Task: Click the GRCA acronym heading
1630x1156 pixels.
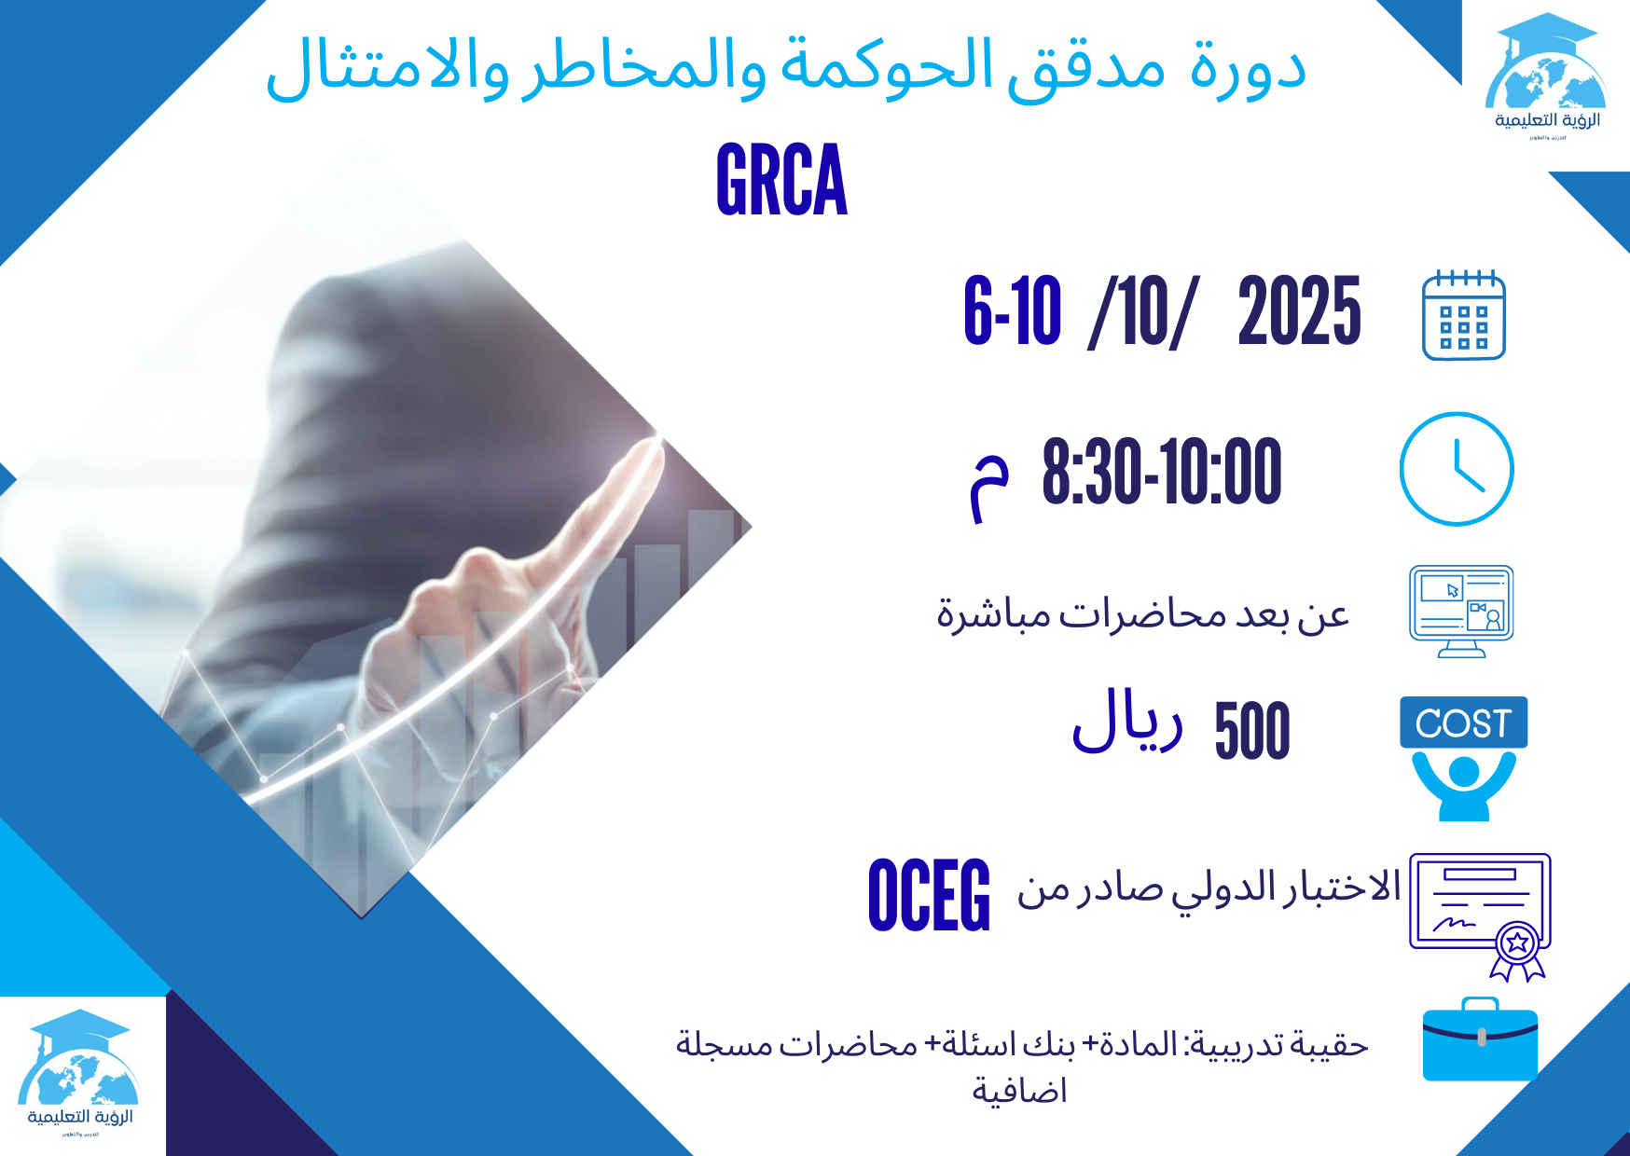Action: pyautogui.click(x=781, y=180)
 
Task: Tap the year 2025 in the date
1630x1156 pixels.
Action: pyautogui.click(x=1299, y=311)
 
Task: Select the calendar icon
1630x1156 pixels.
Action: pyautogui.click(x=1463, y=315)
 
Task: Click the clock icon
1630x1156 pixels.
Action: pyautogui.click(x=1456, y=469)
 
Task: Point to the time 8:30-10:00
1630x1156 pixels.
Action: pyautogui.click(x=1161, y=473)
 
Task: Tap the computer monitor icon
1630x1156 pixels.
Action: pyautogui.click(x=1460, y=610)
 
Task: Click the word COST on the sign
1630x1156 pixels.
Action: pyautogui.click(x=1462, y=723)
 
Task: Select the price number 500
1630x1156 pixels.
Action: pyautogui.click(x=1252, y=731)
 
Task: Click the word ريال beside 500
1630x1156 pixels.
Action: pyautogui.click(x=1127, y=722)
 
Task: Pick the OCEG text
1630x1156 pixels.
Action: pyautogui.click(x=929, y=896)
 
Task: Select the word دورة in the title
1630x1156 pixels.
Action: pyautogui.click(x=1248, y=68)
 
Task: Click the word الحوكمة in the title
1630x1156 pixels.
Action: pyautogui.click(x=886, y=68)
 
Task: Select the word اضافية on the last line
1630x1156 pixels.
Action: pyautogui.click(x=1019, y=1090)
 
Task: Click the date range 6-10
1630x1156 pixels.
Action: pyautogui.click(x=1012, y=311)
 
